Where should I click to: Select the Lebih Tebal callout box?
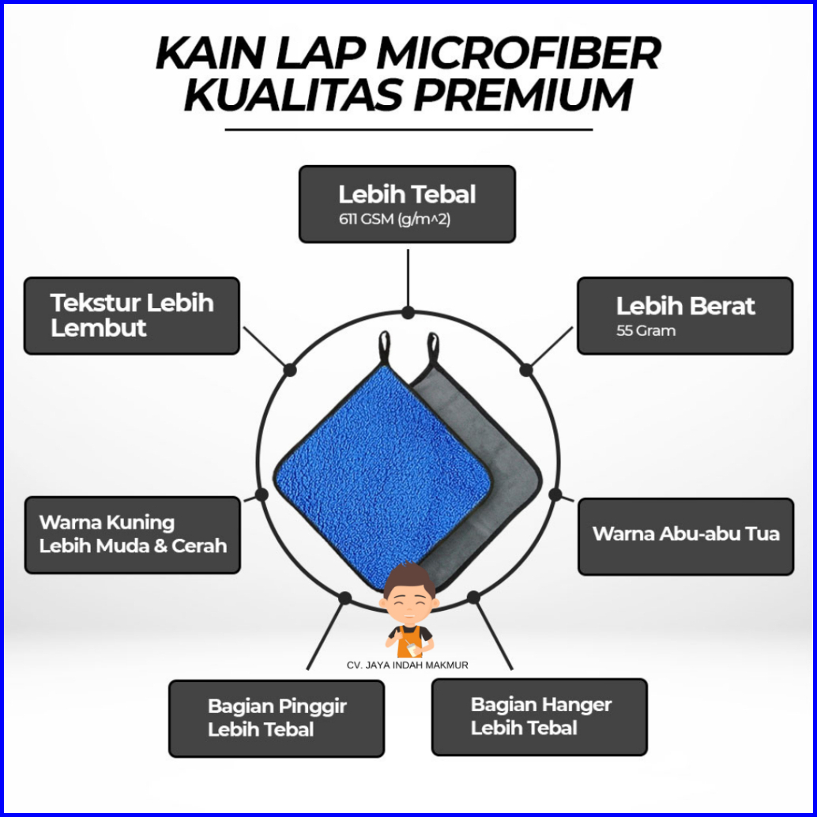[407, 203]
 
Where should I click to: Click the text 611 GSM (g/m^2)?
[394, 220]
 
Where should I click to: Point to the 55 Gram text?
[646, 331]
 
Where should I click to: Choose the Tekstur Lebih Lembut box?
[131, 315]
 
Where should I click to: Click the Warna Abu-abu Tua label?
[685, 533]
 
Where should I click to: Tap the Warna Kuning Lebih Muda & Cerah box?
[132, 534]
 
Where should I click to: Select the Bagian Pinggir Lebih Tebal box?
[277, 718]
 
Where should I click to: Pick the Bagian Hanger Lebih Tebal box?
[539, 717]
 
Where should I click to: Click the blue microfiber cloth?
[379, 474]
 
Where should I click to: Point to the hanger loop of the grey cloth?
[433, 347]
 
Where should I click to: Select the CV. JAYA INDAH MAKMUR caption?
[407, 665]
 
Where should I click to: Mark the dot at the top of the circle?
[408, 312]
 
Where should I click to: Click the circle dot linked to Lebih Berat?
[526, 369]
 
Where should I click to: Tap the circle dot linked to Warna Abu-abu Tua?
[555, 495]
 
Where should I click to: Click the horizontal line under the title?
[408, 129]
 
